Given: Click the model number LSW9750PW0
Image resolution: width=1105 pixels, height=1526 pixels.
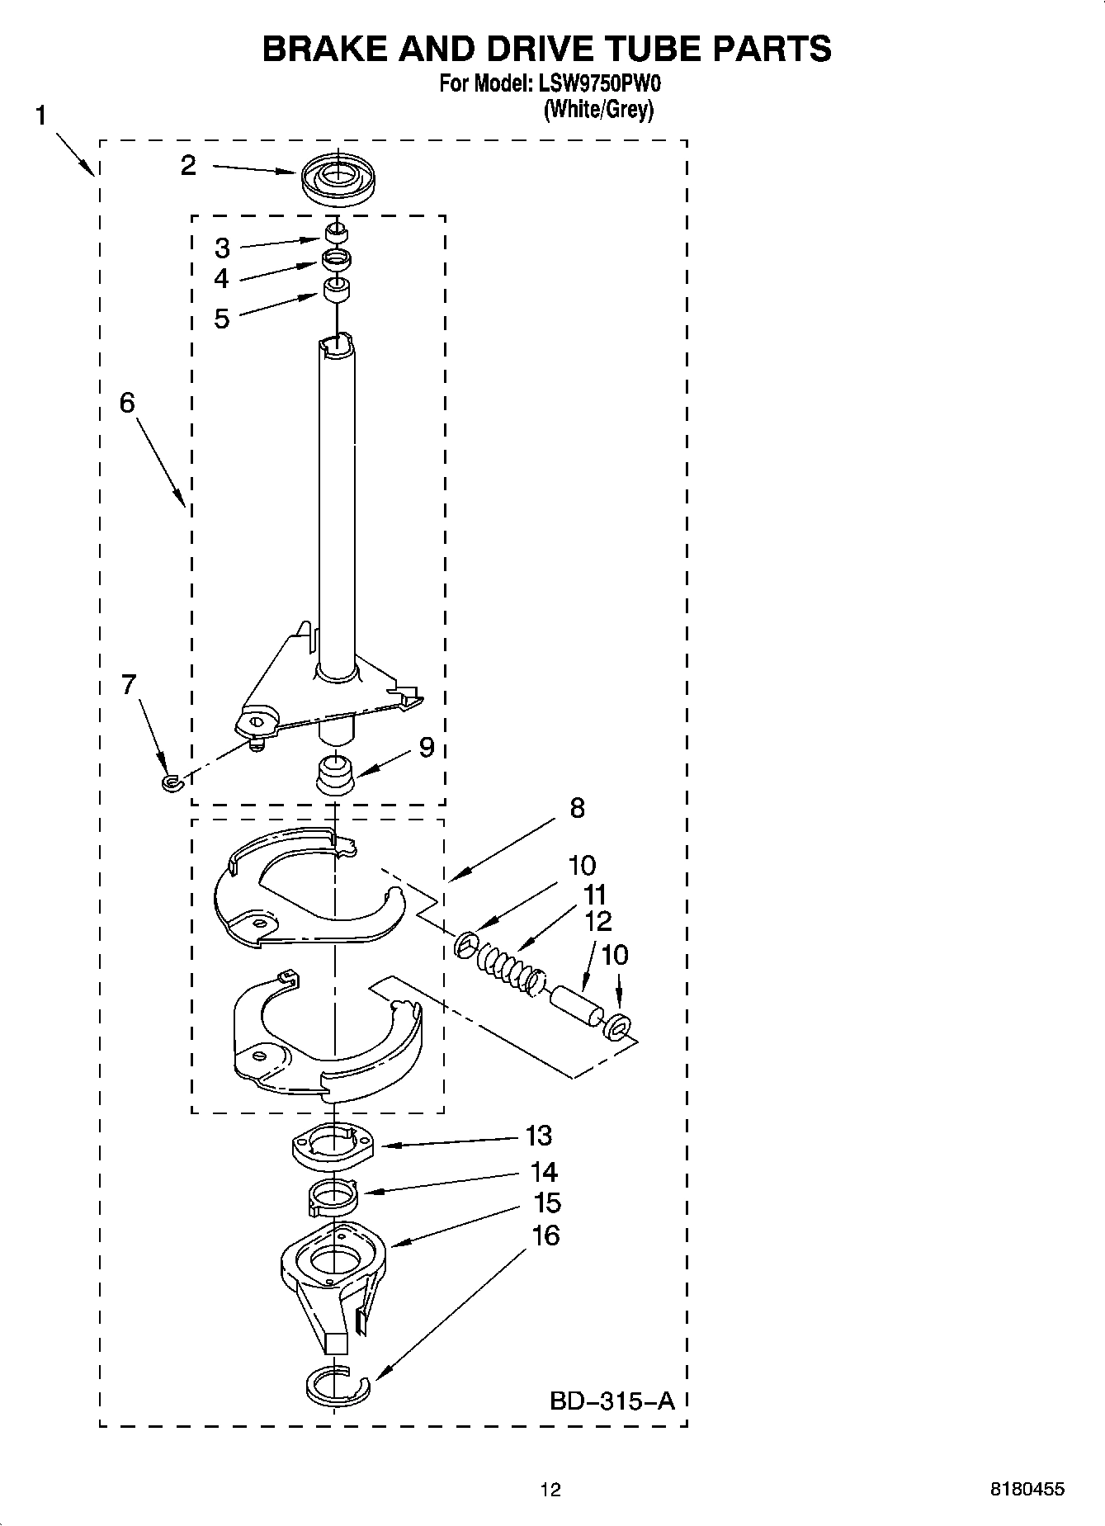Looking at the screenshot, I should (598, 83).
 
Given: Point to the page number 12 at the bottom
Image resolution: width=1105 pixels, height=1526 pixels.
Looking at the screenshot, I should (550, 1489).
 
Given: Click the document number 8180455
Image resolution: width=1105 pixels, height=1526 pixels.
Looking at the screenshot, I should (1027, 1489).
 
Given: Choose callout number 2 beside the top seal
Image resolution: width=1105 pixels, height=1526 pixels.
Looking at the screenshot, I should (189, 166).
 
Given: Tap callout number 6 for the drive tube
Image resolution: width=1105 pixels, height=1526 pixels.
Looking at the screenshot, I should (127, 403).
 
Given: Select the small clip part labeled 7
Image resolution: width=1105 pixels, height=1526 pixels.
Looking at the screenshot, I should (171, 782).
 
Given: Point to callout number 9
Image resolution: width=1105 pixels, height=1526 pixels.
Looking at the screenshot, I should (426, 748).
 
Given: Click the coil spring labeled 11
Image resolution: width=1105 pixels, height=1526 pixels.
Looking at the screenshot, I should (503, 962).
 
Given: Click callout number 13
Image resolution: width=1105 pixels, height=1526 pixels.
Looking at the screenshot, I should (539, 1136).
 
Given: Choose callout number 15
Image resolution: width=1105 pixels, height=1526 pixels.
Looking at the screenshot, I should (546, 1202).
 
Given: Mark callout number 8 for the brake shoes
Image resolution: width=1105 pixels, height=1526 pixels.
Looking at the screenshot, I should (577, 808).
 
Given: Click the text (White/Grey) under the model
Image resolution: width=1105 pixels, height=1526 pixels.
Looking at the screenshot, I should (598, 109).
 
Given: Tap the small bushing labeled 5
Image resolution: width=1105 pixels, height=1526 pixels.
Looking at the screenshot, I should (335, 290).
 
